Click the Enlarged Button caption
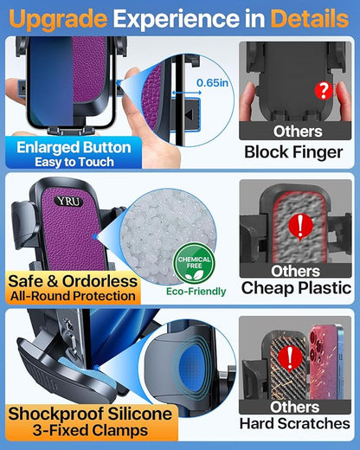(x=74, y=146)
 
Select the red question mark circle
(x=300, y=88)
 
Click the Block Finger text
(x=296, y=152)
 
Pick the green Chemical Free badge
(x=194, y=267)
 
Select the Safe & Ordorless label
(x=72, y=280)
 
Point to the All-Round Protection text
(x=74, y=297)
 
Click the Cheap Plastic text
(x=296, y=288)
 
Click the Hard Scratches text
(x=296, y=424)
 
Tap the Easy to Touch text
(x=74, y=162)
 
